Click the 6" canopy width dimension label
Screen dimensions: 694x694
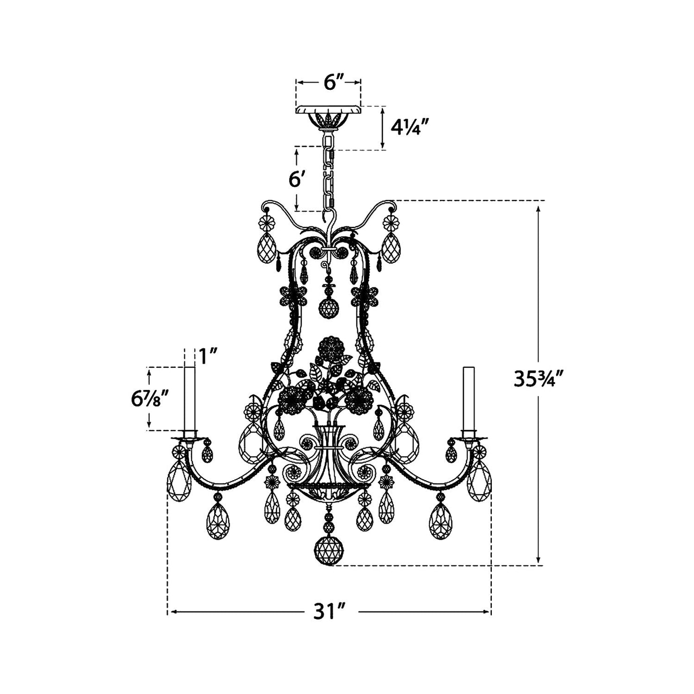pyautogui.click(x=329, y=82)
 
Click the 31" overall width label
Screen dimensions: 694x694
pyautogui.click(x=330, y=612)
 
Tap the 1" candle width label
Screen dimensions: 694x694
pyautogui.click(x=208, y=356)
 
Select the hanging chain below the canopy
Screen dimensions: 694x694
pyautogui.click(x=329, y=173)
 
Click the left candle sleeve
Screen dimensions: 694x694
pyautogui.click(x=190, y=399)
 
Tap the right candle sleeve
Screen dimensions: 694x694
pyautogui.click(x=468, y=399)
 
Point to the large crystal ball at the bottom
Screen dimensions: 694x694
pyautogui.click(x=329, y=549)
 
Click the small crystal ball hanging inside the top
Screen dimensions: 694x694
pyautogui.click(x=329, y=307)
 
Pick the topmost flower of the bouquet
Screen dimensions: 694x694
pyautogui.click(x=330, y=347)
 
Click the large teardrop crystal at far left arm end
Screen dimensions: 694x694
pyautogui.click(x=179, y=480)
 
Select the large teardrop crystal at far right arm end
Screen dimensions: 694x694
pyautogui.click(x=479, y=480)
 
